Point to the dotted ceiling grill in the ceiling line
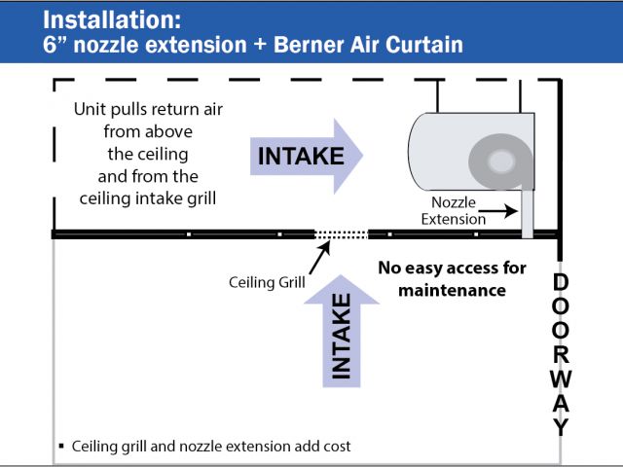[340, 233]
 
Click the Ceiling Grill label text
[267, 283]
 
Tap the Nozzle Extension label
[453, 211]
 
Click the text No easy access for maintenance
[452, 278]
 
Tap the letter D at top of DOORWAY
[560, 282]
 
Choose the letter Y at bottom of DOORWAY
[560, 425]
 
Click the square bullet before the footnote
[61, 447]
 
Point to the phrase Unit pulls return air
[149, 109]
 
